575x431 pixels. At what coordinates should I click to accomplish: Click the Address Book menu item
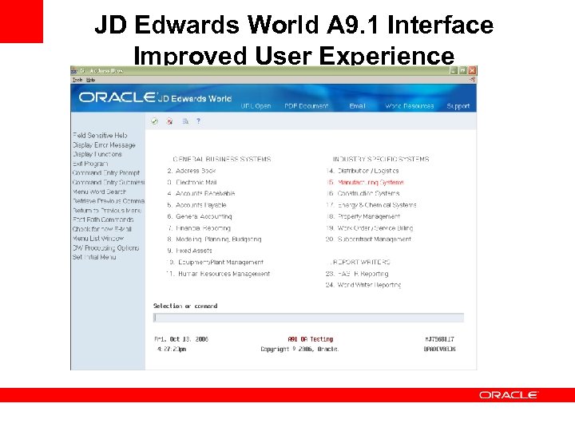click(x=196, y=171)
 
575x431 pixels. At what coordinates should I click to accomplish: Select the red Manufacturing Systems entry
click(x=369, y=182)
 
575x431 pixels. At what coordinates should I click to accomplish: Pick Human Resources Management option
click(x=223, y=274)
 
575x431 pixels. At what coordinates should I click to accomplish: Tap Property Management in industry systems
click(x=368, y=216)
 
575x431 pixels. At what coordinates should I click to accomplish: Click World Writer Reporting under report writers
click(x=369, y=285)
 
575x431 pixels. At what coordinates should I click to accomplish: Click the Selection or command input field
click(x=308, y=318)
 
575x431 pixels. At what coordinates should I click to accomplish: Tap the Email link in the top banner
click(x=357, y=106)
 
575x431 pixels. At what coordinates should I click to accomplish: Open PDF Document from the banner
click(x=307, y=106)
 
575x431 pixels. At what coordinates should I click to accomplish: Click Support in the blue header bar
click(x=458, y=106)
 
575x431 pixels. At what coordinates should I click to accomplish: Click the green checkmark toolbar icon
click(x=155, y=121)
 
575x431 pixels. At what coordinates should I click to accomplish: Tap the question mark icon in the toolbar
click(x=198, y=121)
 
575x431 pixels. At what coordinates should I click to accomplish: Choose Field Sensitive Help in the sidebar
click(x=100, y=136)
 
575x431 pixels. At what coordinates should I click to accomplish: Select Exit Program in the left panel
click(x=90, y=164)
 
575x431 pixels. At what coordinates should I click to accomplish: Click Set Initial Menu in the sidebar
click(x=94, y=257)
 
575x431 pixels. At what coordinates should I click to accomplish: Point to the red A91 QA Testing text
click(x=310, y=339)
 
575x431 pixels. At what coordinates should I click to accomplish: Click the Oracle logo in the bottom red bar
click(x=509, y=395)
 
